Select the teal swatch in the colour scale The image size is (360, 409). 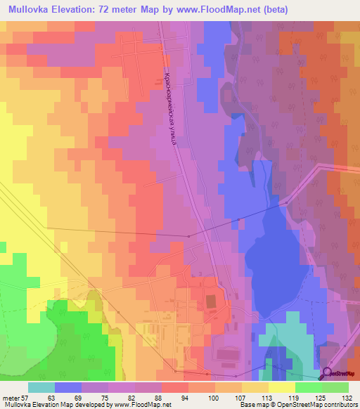(41, 387)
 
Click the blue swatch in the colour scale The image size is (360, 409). (68, 387)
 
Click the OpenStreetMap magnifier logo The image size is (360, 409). (328, 374)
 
